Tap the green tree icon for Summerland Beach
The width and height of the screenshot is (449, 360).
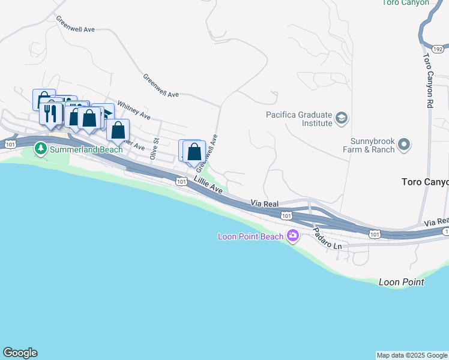(x=40, y=148)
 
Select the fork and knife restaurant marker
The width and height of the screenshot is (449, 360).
(x=50, y=113)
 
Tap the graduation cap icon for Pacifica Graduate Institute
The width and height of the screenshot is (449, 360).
(x=342, y=117)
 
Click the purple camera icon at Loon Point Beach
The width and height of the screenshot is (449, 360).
(x=292, y=236)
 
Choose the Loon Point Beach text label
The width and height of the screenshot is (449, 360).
(x=250, y=236)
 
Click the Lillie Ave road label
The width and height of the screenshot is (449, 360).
(x=208, y=187)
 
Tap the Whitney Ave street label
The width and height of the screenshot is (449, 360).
(x=134, y=109)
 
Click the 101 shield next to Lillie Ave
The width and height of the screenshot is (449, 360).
(x=181, y=180)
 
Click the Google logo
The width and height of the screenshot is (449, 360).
(x=20, y=353)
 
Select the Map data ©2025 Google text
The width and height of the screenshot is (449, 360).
(x=412, y=355)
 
